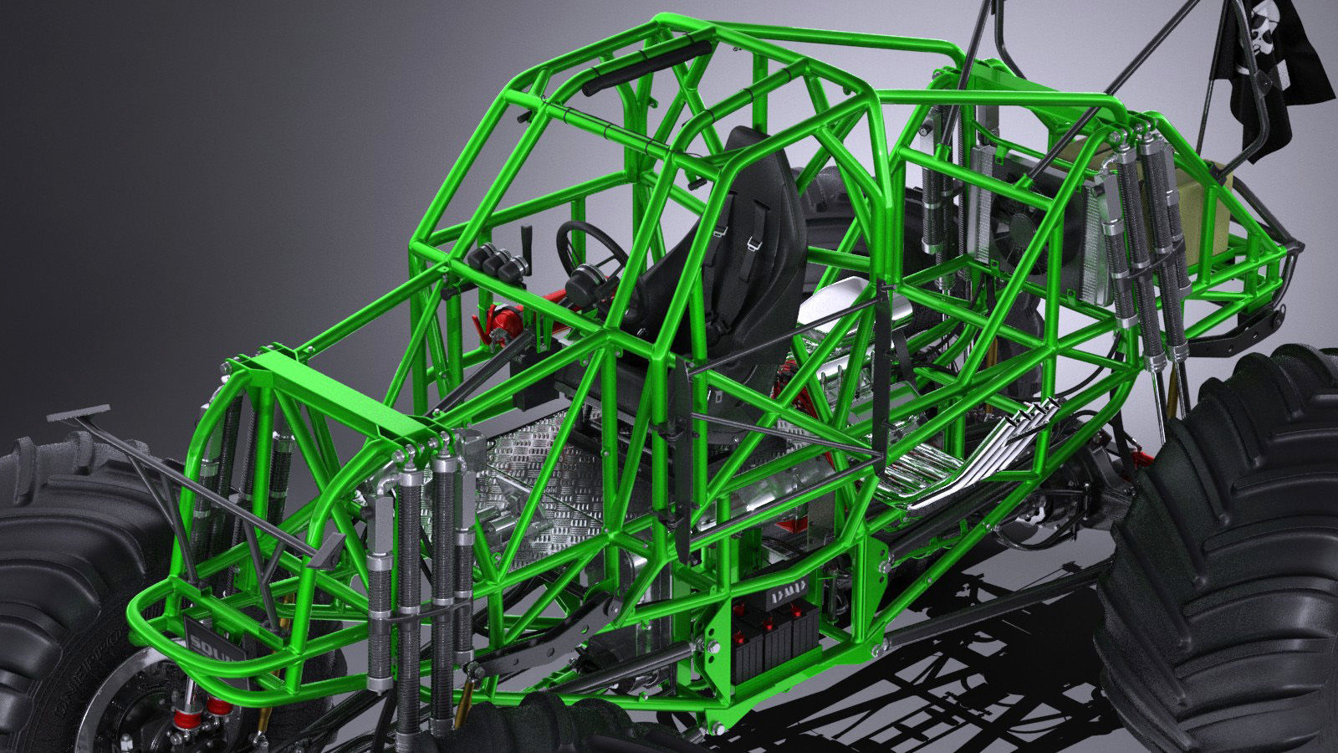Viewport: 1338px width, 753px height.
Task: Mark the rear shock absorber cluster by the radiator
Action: [x=1146, y=243]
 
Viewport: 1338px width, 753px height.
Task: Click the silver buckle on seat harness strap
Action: [x=752, y=243]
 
